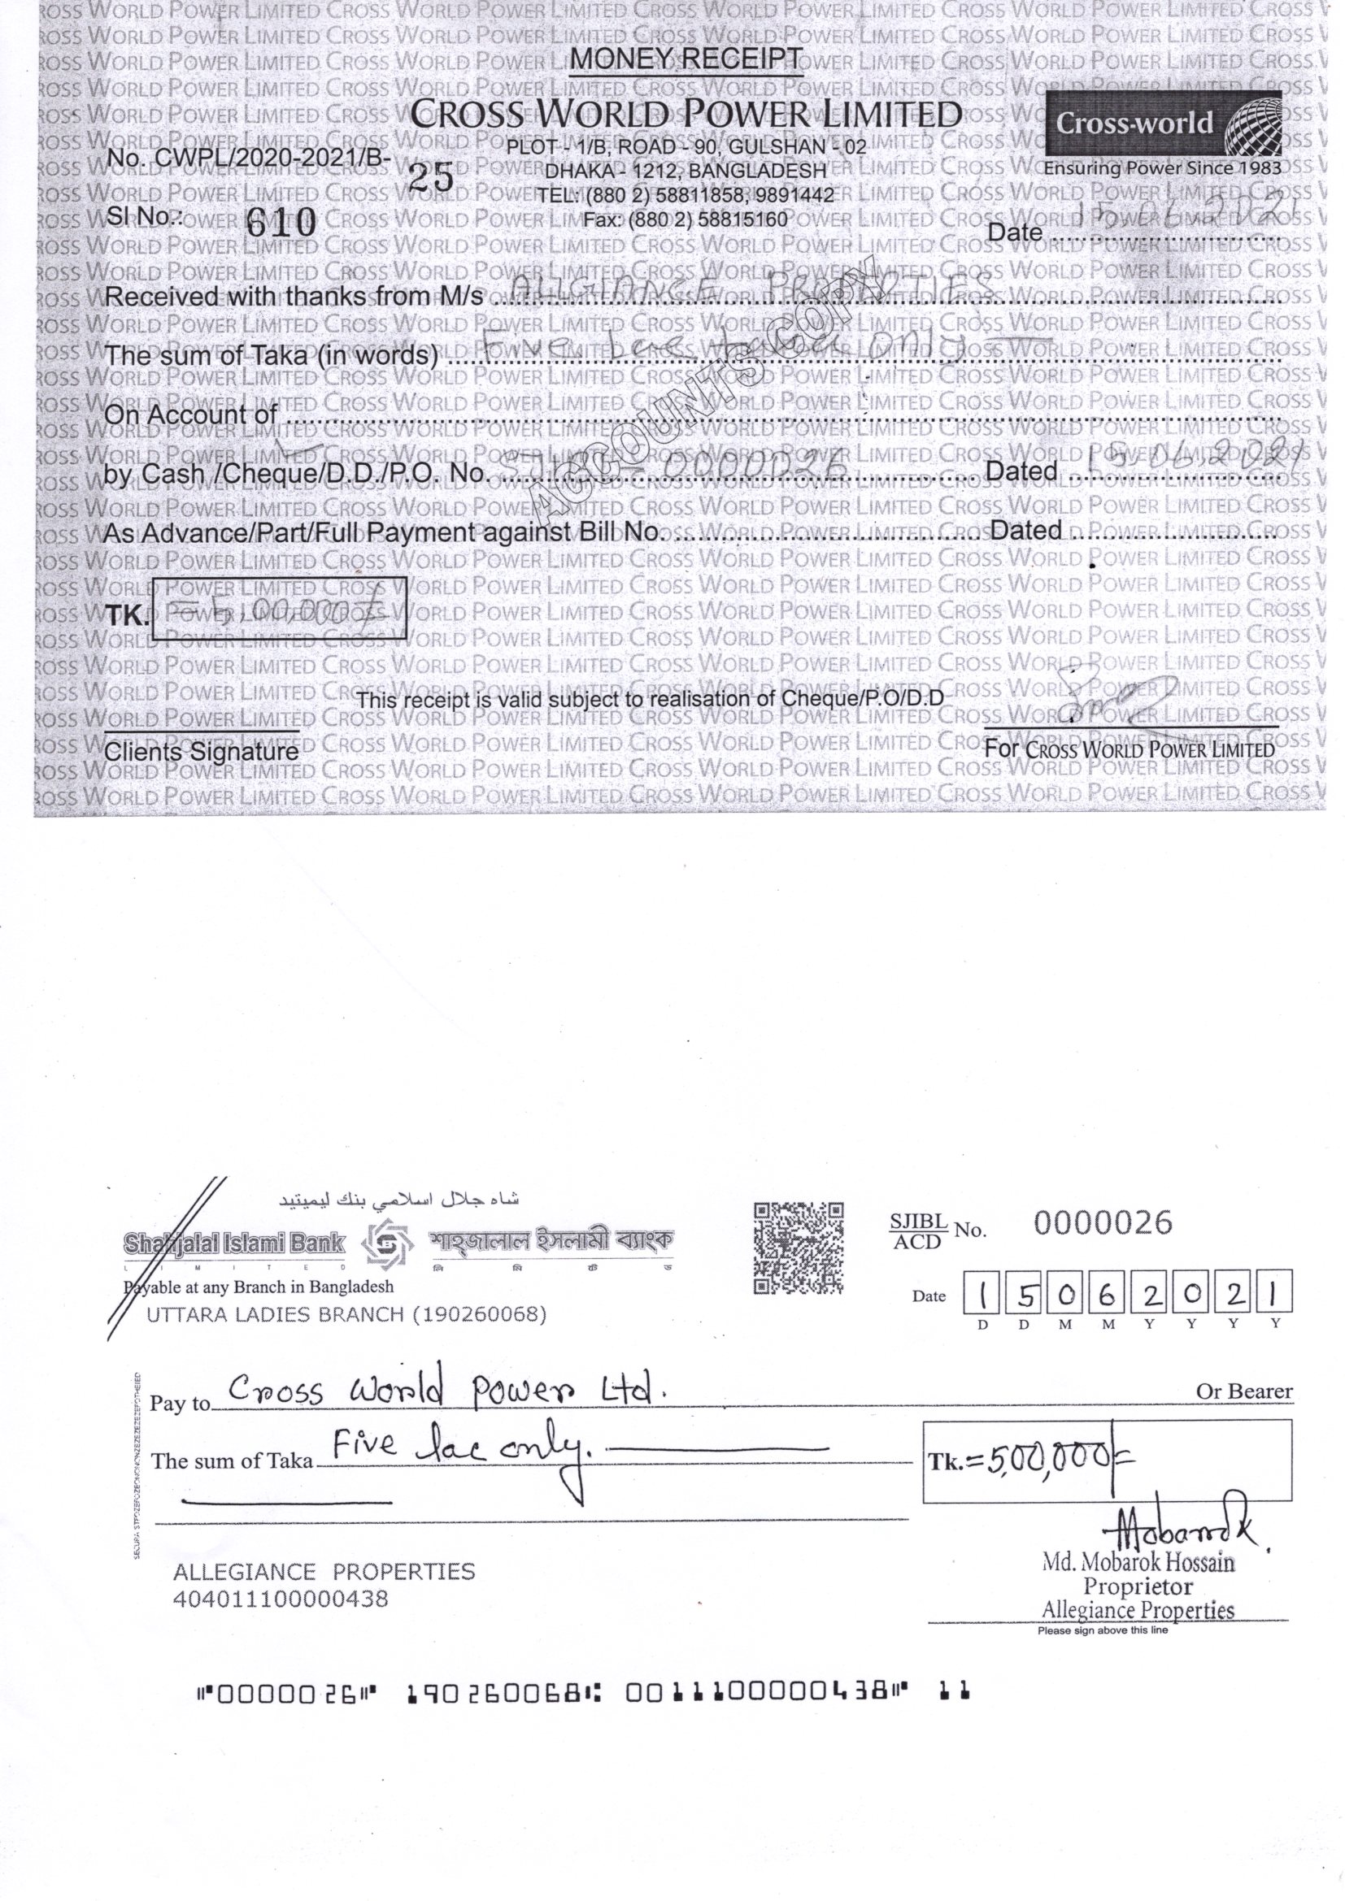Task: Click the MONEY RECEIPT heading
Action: [686, 59]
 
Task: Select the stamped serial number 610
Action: [282, 221]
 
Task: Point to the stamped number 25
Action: [433, 176]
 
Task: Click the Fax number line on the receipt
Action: [685, 220]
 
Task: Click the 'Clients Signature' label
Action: [201, 752]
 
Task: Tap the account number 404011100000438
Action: [280, 1599]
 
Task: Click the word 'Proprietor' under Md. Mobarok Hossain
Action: [1138, 1586]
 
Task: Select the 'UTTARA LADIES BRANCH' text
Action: [346, 1315]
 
